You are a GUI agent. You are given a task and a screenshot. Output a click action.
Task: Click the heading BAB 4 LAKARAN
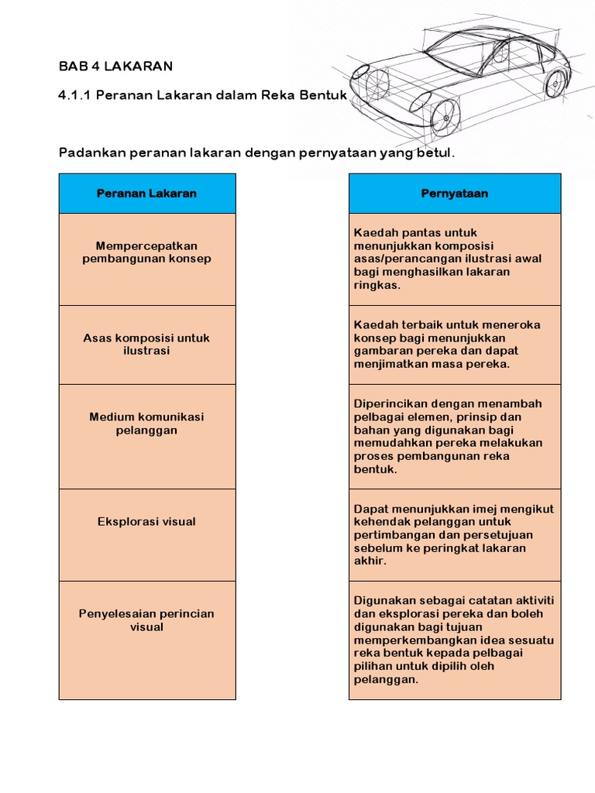point(115,66)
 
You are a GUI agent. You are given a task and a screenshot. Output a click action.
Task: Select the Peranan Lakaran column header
point(146,194)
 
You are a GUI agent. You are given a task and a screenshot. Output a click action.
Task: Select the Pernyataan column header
point(454,194)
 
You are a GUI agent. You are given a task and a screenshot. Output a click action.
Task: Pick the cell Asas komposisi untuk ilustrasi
point(146,344)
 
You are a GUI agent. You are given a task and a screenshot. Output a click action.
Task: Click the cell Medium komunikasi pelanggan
point(146,423)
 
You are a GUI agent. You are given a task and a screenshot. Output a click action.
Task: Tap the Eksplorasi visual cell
point(146,521)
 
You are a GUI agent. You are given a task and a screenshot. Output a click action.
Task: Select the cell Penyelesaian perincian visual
point(146,620)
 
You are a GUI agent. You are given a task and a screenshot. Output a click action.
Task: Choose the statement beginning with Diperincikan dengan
point(454,436)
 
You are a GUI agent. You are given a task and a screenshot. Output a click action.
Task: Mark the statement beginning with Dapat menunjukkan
point(454,534)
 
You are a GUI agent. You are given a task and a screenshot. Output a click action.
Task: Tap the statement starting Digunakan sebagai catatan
point(454,640)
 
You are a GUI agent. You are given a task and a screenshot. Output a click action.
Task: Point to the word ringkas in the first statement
point(376,285)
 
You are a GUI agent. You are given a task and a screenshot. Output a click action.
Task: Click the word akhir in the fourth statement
point(370,561)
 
